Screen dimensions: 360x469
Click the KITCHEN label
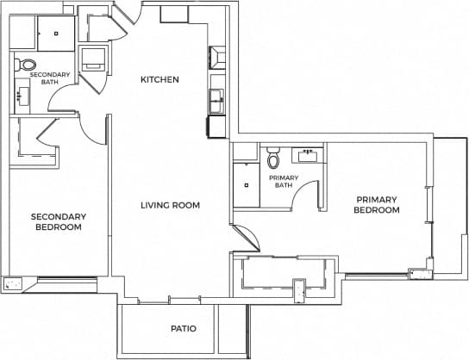tap(159, 80)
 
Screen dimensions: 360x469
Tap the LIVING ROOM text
tap(171, 205)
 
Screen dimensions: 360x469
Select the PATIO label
tap(183, 329)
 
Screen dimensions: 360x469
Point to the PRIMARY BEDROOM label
tap(378, 205)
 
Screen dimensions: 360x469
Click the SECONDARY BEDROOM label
tap(58, 221)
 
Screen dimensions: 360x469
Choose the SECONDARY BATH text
tap(48, 79)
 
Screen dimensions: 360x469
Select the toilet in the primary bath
tap(274, 159)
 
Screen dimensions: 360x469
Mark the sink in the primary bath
tap(307, 157)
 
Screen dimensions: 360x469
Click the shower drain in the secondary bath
tap(56, 34)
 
